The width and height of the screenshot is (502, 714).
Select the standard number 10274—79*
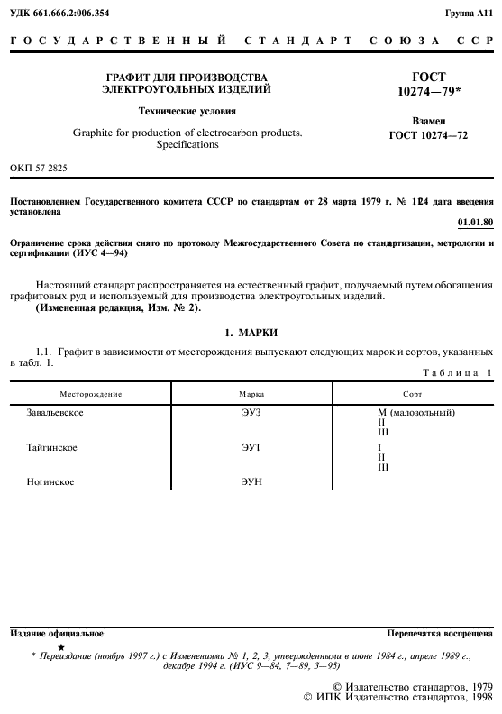428,92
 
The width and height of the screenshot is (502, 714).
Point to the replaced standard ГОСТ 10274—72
428,135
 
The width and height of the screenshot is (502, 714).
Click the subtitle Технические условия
187,112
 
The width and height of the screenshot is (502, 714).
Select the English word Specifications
187,144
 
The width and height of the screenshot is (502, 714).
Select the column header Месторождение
91,394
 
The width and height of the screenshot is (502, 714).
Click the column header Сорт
413,394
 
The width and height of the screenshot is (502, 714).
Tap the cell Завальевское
57,412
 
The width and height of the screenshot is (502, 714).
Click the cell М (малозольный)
415,412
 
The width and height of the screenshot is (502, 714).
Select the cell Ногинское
50,482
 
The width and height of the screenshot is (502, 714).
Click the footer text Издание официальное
56,634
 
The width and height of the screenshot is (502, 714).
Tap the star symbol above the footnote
60,647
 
